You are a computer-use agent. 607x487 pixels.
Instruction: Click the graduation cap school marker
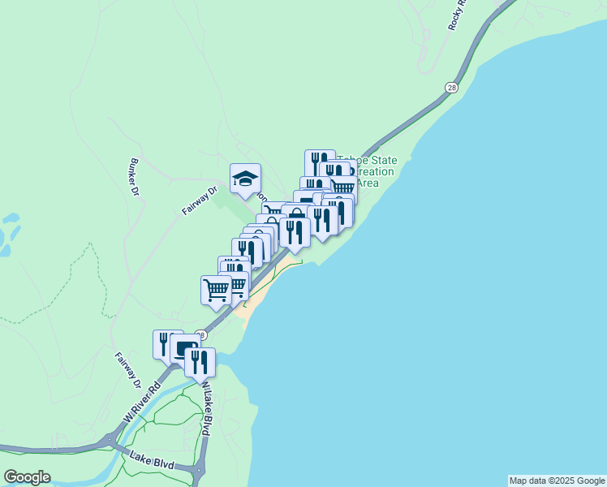[x=245, y=179]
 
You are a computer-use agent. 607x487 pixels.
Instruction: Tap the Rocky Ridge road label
[x=458, y=15]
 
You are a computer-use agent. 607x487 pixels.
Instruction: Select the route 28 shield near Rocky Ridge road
[x=450, y=86]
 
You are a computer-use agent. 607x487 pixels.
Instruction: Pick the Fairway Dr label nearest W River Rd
[x=127, y=370]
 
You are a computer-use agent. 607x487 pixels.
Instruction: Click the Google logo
[x=27, y=477]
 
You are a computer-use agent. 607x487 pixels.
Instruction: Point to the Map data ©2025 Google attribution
[x=556, y=481]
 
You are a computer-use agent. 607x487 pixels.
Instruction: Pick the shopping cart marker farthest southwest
[x=216, y=290]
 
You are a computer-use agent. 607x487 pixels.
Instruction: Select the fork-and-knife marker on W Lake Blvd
[x=200, y=363]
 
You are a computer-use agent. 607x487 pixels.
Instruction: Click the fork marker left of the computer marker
[x=164, y=343]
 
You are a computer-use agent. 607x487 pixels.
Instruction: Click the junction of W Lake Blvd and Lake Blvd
[x=197, y=469]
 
